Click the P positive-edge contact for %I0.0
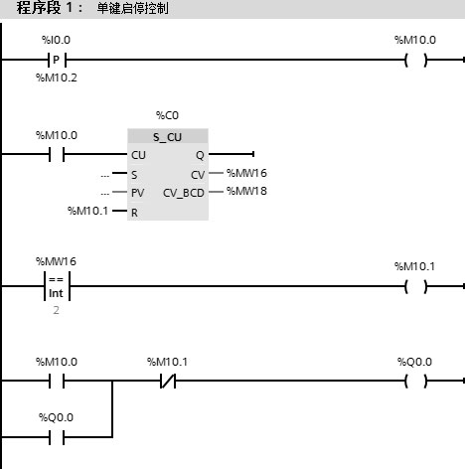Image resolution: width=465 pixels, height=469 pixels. [57, 60]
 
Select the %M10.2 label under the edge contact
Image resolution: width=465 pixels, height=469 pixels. [57, 78]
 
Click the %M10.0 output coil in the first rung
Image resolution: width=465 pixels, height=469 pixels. [415, 60]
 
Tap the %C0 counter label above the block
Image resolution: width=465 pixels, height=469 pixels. [167, 115]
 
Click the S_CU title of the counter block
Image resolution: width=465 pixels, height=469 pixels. [167, 137]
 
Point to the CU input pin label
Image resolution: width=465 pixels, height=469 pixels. [138, 155]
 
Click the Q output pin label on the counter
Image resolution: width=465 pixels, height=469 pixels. [200, 155]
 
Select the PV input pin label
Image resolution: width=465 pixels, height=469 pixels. [137, 193]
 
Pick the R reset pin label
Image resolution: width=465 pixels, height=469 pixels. [134, 213]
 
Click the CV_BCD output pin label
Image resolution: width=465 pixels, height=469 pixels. [184, 193]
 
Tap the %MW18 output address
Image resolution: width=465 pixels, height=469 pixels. [246, 191]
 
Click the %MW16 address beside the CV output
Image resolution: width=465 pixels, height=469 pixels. [246, 173]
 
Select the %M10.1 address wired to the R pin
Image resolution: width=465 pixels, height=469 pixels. [87, 211]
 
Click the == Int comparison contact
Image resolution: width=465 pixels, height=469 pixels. [57, 286]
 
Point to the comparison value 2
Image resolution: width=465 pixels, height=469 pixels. [56, 310]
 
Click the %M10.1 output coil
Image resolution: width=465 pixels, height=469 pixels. [415, 286]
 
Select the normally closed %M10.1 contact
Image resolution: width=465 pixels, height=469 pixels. [168, 381]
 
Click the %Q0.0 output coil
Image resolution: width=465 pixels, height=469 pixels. [415, 381]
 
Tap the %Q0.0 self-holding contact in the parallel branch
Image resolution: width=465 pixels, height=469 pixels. [57, 437]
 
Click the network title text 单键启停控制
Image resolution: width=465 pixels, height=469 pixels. [132, 8]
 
